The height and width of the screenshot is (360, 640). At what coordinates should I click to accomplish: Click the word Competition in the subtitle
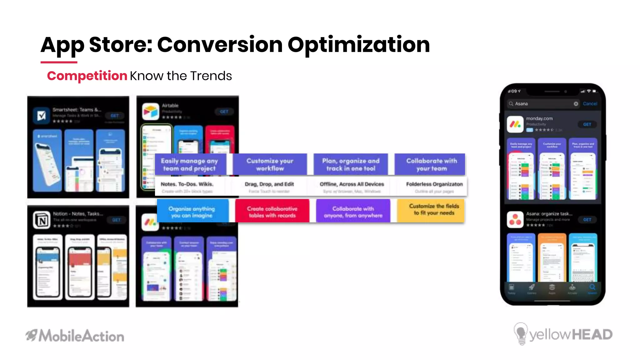pos(87,76)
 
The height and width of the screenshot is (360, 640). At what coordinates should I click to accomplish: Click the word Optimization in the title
pos(358,45)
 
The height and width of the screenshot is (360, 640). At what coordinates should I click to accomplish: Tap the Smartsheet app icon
pos(42,116)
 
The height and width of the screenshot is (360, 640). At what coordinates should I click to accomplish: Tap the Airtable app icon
pos(151,112)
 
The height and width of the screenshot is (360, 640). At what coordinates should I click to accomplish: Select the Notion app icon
pos(42,220)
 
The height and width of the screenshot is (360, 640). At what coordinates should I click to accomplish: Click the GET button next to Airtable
pos(224,112)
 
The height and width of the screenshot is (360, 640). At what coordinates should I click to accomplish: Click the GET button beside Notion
pos(116,220)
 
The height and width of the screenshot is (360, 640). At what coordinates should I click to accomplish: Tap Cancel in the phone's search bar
pos(590,104)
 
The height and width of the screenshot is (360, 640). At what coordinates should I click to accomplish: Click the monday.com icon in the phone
pos(515,124)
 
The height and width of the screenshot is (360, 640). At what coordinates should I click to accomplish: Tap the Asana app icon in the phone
pos(515,220)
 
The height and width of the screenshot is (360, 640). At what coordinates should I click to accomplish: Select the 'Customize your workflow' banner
pos(270,164)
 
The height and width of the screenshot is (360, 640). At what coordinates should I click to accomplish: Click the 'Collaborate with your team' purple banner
pos(431,164)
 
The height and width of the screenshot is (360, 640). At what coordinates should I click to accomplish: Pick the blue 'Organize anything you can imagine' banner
pos(192,212)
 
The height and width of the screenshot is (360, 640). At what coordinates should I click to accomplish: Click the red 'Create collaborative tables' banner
pos(272,212)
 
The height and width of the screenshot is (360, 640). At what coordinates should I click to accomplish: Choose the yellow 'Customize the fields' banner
pos(434,210)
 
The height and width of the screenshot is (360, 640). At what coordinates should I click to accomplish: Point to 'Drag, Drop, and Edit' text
pos(269,184)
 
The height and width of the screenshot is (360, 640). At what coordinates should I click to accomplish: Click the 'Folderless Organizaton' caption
pos(434,184)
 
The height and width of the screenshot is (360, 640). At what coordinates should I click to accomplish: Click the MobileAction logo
pos(75,336)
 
